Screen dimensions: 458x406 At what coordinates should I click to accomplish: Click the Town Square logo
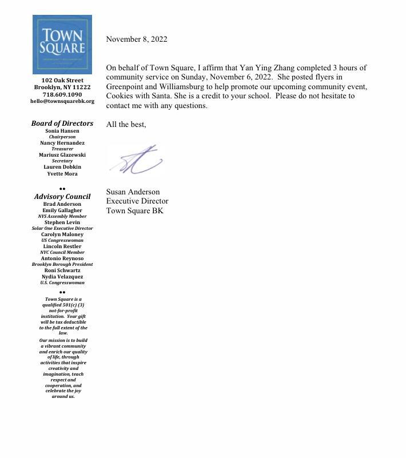[62, 44]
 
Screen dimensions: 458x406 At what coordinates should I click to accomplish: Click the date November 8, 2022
[137, 39]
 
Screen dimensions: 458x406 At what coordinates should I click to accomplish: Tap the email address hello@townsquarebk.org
[62, 101]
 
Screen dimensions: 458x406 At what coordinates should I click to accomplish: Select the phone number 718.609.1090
[62, 94]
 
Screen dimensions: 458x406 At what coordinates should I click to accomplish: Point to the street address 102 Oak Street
[62, 81]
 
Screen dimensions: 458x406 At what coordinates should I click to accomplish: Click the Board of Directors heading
[62, 124]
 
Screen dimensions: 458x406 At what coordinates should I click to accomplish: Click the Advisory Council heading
[62, 197]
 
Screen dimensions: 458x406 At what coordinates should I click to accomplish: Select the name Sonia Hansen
[62, 131]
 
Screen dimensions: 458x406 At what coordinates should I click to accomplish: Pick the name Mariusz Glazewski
[62, 155]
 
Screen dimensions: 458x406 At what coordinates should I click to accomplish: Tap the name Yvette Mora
[62, 174]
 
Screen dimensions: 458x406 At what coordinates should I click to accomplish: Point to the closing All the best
[126, 124]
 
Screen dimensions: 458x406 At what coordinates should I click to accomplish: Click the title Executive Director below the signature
[137, 201]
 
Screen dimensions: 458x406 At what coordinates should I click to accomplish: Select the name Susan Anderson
[133, 192]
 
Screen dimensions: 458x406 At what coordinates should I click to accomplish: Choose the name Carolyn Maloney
[62, 234]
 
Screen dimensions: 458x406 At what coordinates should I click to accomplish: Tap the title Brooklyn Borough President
[62, 265]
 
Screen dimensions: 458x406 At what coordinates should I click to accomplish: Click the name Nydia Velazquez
[62, 277]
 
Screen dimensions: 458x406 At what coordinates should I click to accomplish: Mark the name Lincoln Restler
[62, 246]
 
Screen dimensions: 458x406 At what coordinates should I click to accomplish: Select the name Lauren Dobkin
[62, 167]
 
